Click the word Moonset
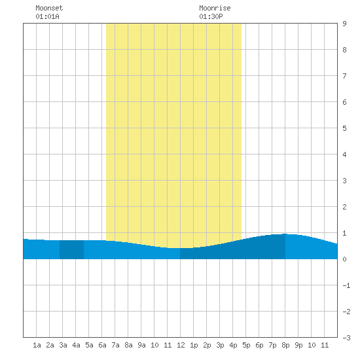click(49, 8)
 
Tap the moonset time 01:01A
click(47, 16)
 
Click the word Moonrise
click(215, 8)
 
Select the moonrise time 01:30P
click(211, 16)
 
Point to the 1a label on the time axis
click(37, 345)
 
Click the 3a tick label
click(63, 345)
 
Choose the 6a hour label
click(102, 345)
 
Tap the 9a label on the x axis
click(141, 345)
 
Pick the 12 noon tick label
click(181, 345)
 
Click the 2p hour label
click(207, 345)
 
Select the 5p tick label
click(246, 345)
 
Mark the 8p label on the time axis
click(285, 345)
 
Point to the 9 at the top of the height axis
click(344, 24)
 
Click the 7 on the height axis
click(344, 76)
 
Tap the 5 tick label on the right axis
click(344, 128)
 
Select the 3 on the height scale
click(344, 181)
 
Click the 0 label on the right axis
click(344, 259)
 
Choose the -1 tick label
click(346, 285)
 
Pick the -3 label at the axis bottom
click(346, 338)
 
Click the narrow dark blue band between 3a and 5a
click(71, 250)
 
